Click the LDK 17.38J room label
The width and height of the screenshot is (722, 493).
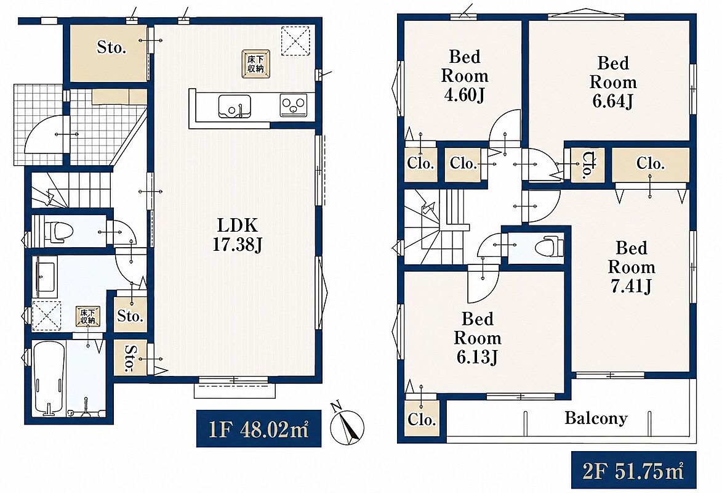(x=237, y=235)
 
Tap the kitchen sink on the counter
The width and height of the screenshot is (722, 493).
(x=235, y=107)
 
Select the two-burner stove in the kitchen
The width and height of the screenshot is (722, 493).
(x=294, y=105)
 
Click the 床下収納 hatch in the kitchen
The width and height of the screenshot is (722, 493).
(x=255, y=63)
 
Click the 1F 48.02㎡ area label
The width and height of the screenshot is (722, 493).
(x=259, y=429)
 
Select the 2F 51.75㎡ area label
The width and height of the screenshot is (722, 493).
(x=633, y=470)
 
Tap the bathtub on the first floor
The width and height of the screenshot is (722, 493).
(x=49, y=377)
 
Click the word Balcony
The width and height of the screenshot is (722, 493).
(x=596, y=418)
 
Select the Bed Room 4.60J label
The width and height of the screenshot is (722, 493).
(x=465, y=76)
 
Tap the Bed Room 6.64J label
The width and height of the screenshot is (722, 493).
(x=613, y=81)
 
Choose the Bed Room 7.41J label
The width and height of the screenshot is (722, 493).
(x=631, y=267)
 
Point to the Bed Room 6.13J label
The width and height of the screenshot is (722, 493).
(x=478, y=338)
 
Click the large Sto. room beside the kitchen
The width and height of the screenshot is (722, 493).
(x=109, y=53)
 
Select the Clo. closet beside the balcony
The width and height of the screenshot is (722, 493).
(x=421, y=419)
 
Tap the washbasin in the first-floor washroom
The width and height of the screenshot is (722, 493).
(x=45, y=276)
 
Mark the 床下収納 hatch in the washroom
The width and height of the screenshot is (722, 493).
(x=87, y=316)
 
